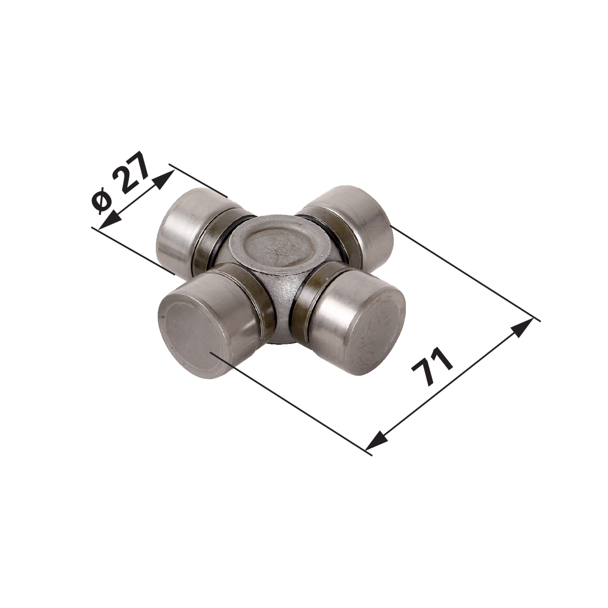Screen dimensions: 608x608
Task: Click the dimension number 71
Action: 432,367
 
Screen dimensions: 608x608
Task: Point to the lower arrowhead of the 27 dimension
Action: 109,220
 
